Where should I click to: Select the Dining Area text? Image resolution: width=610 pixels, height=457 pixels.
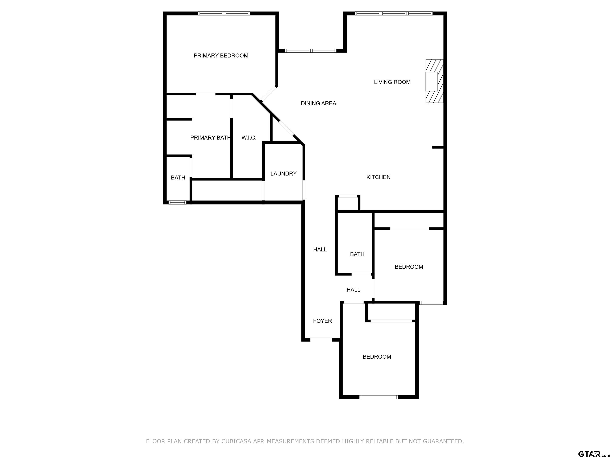coord(318,104)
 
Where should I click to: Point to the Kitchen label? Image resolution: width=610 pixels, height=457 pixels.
coord(378,177)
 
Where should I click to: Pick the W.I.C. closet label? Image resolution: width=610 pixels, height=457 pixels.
coord(249,138)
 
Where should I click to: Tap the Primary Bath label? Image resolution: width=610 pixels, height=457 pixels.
coord(210,138)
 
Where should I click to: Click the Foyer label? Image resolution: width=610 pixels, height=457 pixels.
coord(322,321)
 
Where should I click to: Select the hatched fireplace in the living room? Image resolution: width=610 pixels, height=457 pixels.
coord(434,81)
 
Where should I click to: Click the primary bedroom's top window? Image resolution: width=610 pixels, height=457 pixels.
coord(224,13)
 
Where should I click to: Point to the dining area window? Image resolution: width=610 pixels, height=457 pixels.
coord(311,51)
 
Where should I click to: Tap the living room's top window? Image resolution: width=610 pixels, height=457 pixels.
coord(394,13)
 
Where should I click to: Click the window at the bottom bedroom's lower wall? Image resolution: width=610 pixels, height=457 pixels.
coord(379,397)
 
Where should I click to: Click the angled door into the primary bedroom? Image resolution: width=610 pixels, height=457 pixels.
coord(269,94)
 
